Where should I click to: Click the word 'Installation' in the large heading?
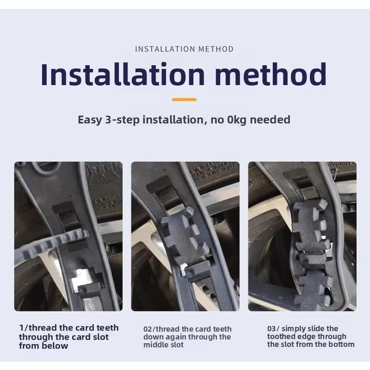tap(123, 74)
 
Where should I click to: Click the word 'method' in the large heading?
tap(271, 74)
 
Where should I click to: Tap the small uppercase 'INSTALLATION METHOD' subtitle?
tap(184, 49)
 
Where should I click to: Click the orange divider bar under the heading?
tap(184, 99)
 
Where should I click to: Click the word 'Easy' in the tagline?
tap(90, 120)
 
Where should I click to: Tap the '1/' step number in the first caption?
tap(24, 328)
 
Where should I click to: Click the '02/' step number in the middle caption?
tap(149, 329)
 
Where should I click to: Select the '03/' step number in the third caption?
tap(273, 328)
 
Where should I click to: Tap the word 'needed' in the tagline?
tap(270, 120)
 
